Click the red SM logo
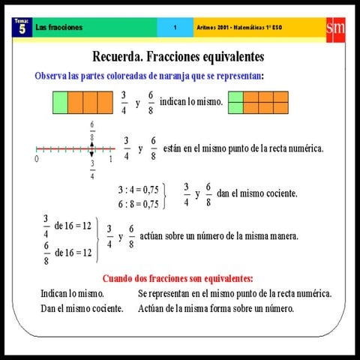[x=335, y=28]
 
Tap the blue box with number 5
[x=22, y=28]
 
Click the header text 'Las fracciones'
[x=59, y=28]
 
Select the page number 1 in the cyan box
[x=175, y=28]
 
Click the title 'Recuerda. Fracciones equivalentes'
[x=178, y=56]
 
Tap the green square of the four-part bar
[x=61, y=101]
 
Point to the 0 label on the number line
[x=36, y=160]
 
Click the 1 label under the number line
[x=110, y=160]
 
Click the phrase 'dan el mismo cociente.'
[x=257, y=193]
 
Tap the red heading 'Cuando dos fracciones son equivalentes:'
[x=178, y=277]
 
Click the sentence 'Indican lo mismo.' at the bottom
[x=72, y=293]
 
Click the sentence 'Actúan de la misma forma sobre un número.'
[x=216, y=308]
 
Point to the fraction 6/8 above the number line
[x=92, y=131]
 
